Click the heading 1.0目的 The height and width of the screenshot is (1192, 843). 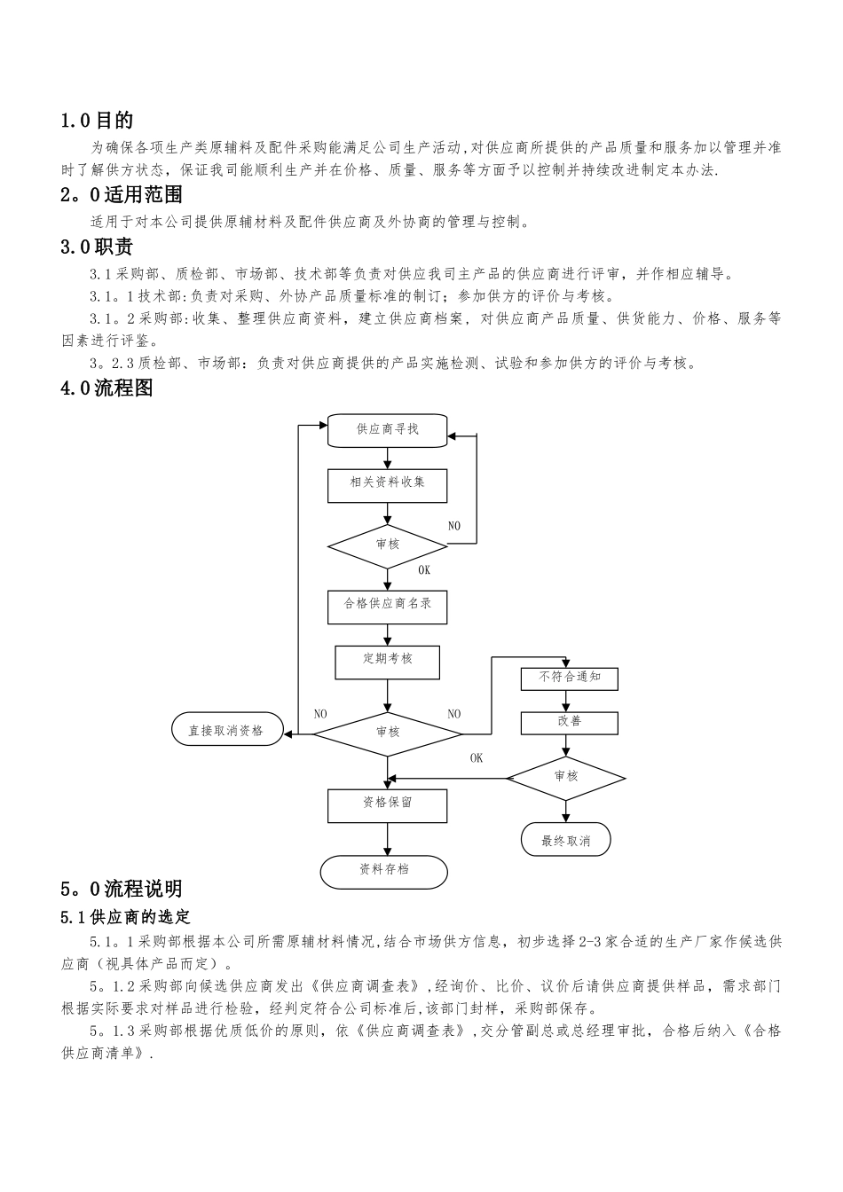[x=97, y=120]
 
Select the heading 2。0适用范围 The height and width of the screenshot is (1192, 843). [x=122, y=193]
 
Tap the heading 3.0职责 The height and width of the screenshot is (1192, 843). [x=97, y=247]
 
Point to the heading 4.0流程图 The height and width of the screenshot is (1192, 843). [x=106, y=388]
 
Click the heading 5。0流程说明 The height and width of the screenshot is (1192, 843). [x=122, y=888]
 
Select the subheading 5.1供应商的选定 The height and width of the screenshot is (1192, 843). [x=125, y=916]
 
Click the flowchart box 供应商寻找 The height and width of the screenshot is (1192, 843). [x=388, y=430]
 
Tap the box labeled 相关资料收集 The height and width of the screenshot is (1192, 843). [x=388, y=483]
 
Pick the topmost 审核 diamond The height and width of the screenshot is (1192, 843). [x=388, y=544]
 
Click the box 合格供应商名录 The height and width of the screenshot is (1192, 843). [x=388, y=605]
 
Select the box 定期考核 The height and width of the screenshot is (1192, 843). [x=388, y=660]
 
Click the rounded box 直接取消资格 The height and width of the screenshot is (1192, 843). [x=226, y=730]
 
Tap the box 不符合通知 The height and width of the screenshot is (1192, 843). [x=570, y=678]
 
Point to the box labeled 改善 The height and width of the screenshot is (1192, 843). [x=570, y=722]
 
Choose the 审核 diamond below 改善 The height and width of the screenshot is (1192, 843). [x=566, y=777]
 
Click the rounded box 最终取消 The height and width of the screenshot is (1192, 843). [x=566, y=840]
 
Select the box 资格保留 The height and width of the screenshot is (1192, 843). [x=388, y=804]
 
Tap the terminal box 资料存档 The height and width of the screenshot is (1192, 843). [x=384, y=871]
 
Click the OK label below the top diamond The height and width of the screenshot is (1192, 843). [x=424, y=571]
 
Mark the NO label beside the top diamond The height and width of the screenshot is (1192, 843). [x=454, y=526]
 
